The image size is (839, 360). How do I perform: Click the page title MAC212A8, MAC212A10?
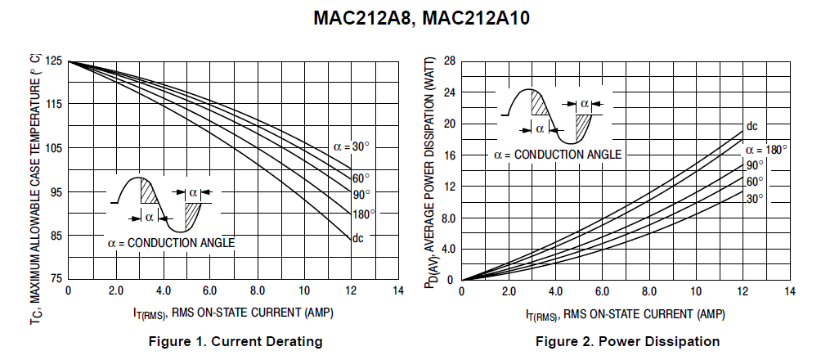coord(420,18)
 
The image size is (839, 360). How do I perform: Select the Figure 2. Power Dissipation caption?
coord(628,341)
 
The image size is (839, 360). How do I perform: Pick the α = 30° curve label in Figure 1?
coord(351,146)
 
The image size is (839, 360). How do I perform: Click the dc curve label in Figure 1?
coord(357,238)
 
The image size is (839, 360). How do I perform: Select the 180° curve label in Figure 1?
coord(363,214)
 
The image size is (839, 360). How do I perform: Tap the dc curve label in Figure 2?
coord(751,126)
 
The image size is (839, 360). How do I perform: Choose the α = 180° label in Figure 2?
coord(766,150)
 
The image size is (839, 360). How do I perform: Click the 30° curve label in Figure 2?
coord(753,198)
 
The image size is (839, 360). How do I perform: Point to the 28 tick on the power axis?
coord(449,61)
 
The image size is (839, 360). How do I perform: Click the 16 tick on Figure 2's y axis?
coord(449,155)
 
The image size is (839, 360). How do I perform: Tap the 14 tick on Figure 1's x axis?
coord(398,291)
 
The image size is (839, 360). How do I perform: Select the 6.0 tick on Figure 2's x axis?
coord(603,291)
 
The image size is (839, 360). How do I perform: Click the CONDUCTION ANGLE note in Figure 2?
coord(557,154)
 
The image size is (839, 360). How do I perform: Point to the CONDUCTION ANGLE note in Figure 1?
coord(171,242)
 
